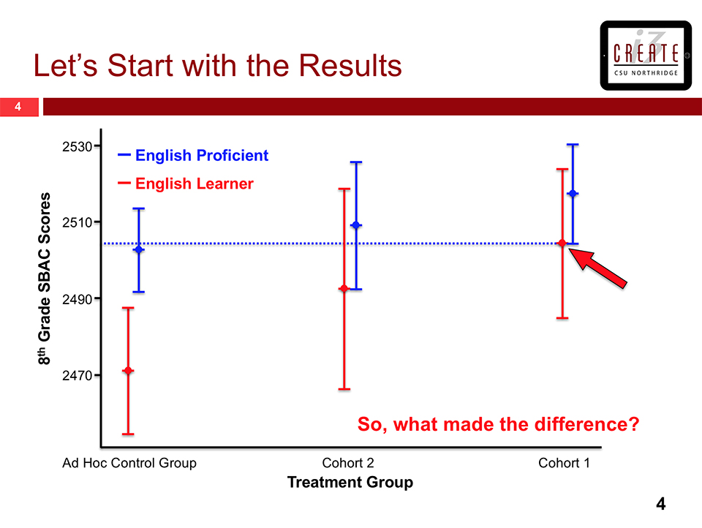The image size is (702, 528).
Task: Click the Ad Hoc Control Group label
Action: point(129,463)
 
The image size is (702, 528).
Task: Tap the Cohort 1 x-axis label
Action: point(564,463)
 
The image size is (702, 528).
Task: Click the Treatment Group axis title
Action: point(350,483)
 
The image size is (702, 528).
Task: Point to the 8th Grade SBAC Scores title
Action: point(45,279)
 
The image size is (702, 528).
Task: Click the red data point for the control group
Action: point(128,371)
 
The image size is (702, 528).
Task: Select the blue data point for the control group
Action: point(138,250)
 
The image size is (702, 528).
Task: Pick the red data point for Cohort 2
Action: point(344,288)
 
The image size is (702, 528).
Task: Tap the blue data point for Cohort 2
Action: point(356,225)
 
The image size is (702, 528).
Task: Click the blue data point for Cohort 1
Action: point(573,193)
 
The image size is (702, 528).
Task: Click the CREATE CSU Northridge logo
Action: point(645,56)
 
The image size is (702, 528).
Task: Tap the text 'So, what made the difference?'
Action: point(498,424)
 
